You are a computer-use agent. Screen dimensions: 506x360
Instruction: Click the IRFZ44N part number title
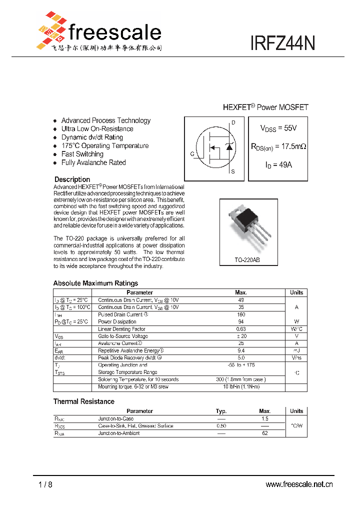point(282,43)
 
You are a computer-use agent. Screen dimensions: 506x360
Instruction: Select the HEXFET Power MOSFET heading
point(265,107)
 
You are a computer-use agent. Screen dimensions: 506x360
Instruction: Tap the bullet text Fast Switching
point(82,154)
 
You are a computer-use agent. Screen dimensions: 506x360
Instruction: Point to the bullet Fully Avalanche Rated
point(93,162)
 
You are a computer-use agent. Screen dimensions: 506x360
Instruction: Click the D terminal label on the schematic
point(233,123)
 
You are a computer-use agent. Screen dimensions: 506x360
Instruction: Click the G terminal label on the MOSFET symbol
point(192,154)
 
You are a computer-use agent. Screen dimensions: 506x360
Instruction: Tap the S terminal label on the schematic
point(232,171)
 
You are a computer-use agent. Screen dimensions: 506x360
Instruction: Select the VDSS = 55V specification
point(278,128)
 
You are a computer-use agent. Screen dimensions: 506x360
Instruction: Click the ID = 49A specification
point(278,164)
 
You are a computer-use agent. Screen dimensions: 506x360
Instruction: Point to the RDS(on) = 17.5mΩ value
point(278,146)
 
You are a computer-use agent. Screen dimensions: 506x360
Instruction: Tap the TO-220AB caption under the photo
point(247,260)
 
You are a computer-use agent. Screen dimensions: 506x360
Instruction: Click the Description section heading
point(72,179)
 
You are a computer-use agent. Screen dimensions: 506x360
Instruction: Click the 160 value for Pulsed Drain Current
point(240,314)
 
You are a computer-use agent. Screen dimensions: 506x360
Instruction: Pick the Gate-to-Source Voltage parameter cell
point(123,336)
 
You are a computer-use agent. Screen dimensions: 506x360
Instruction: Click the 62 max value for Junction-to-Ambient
point(265,433)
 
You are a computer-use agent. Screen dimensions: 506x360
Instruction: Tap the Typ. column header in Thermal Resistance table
point(221,411)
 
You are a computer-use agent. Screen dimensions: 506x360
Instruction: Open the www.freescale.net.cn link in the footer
point(298,484)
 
